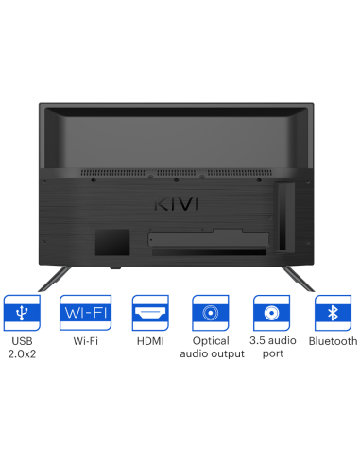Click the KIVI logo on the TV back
click(x=177, y=203)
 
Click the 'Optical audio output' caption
click(x=210, y=347)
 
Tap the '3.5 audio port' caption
click(x=272, y=347)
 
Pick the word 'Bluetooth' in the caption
click(x=334, y=341)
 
